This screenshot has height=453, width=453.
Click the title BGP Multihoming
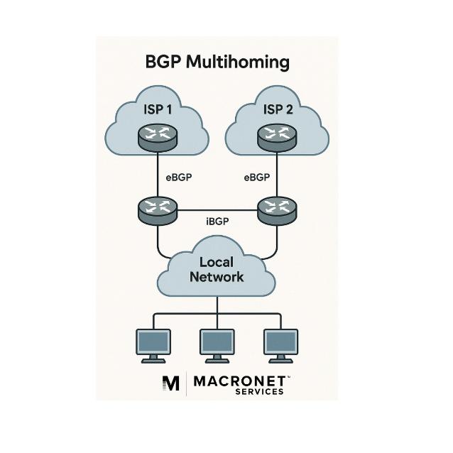217,62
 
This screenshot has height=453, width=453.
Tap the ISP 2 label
277,109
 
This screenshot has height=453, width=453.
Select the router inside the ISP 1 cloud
156,136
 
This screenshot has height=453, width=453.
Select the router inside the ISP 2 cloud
277,136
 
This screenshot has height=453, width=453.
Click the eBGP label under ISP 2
256,178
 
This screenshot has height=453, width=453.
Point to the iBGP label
217,222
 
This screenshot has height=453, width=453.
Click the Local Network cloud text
217,269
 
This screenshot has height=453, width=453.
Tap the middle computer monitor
217,344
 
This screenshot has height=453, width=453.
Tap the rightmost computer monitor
280,344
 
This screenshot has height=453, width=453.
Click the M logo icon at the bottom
171,383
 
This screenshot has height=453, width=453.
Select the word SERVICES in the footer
260,392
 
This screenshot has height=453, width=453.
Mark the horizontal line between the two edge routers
217,210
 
